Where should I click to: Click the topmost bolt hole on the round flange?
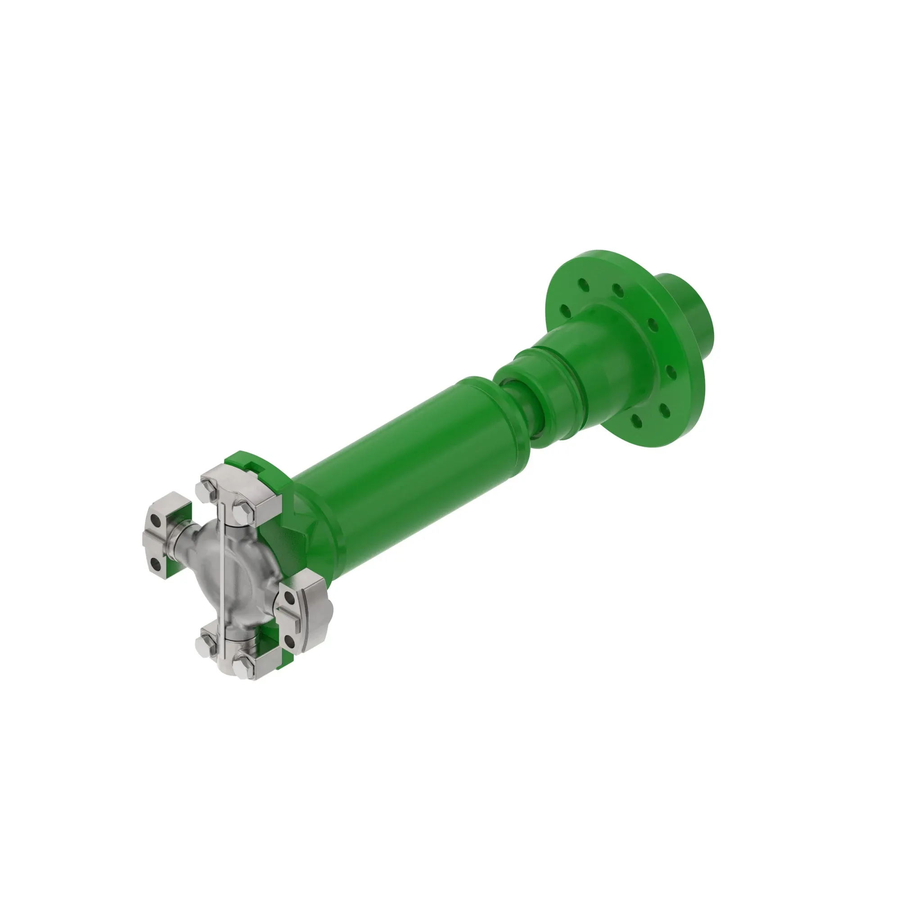618,291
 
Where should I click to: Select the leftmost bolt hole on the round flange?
565,310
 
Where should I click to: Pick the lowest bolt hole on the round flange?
635,423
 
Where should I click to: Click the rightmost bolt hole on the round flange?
672,372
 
